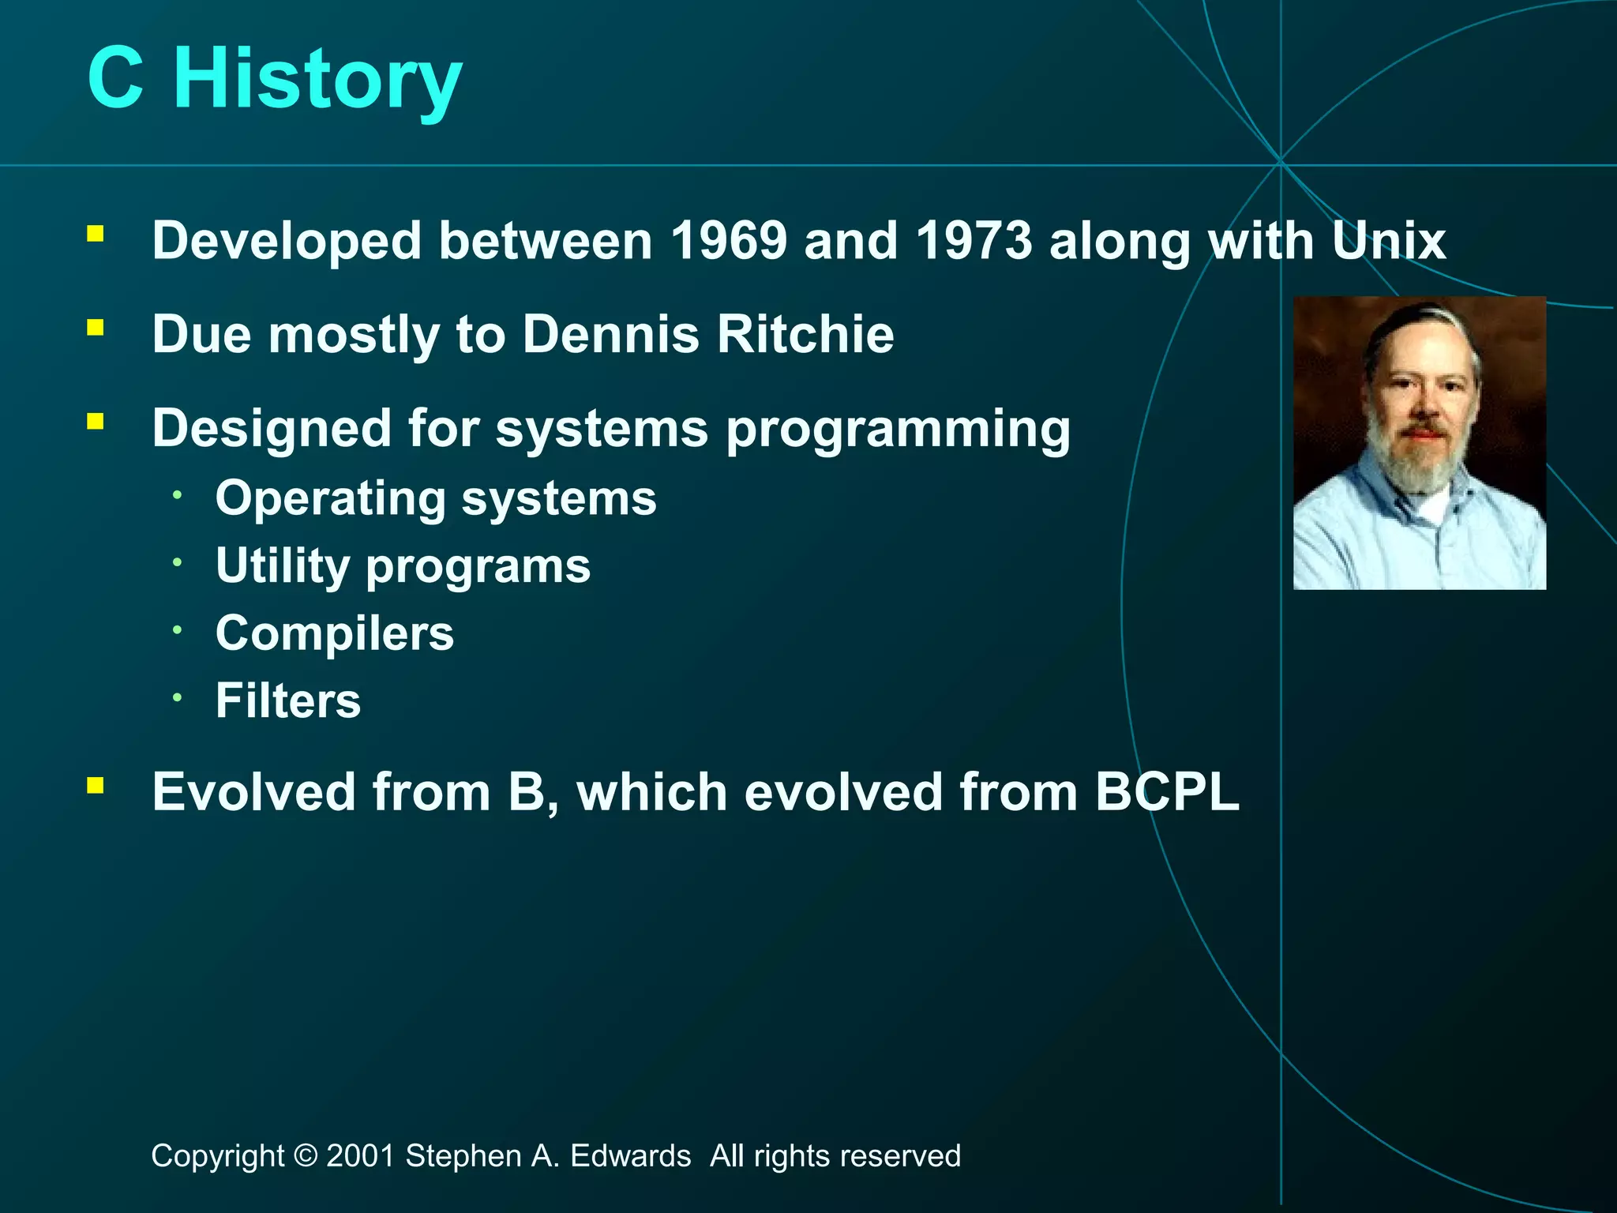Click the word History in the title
click(x=317, y=79)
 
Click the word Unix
click(x=1389, y=240)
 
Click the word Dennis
click(x=611, y=334)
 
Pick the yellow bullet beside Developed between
click(x=96, y=234)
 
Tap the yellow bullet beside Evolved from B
click(x=96, y=785)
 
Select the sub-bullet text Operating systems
click(x=436, y=499)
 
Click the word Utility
click(x=283, y=566)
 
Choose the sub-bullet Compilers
click(x=335, y=633)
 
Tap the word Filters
click(x=288, y=701)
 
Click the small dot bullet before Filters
click(x=178, y=697)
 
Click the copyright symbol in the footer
click(x=305, y=1156)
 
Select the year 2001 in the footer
click(x=360, y=1156)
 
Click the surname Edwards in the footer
click(x=630, y=1156)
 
